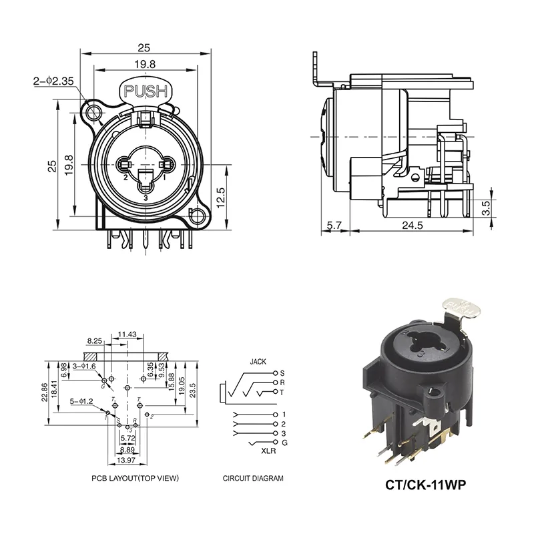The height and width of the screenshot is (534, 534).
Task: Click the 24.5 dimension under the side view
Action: pyautogui.click(x=412, y=225)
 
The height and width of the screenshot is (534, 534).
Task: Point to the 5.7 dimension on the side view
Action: pyautogui.click(x=336, y=225)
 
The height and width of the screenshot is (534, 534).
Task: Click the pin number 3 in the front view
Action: pyautogui.click(x=146, y=198)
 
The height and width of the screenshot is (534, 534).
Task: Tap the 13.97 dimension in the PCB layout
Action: pyautogui.click(x=126, y=460)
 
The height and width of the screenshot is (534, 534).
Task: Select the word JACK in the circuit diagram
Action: pyautogui.click(x=258, y=361)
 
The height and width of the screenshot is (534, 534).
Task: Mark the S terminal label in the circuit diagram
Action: pyautogui.click(x=282, y=372)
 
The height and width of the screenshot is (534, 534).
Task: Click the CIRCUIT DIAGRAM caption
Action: pyautogui.click(x=253, y=478)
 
